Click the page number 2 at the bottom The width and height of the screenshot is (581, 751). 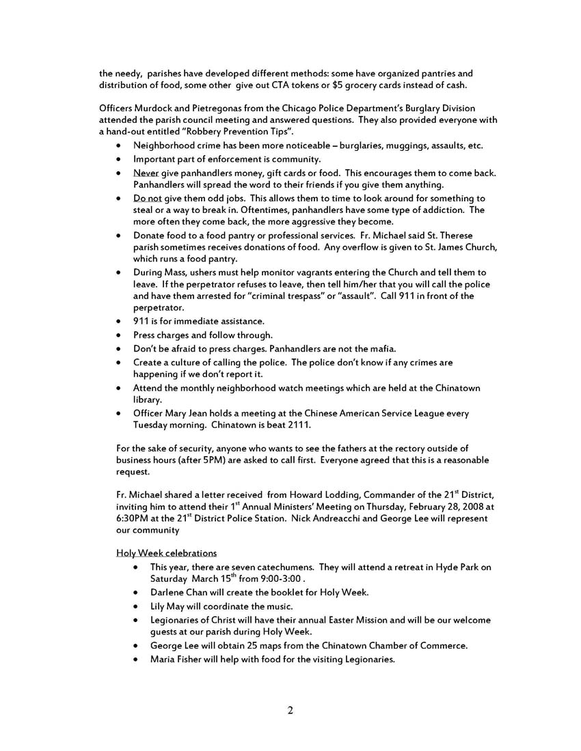click(x=290, y=711)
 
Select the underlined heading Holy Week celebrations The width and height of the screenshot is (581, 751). click(x=166, y=552)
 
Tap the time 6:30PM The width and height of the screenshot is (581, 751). click(x=133, y=519)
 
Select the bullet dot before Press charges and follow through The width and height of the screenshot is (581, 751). click(x=120, y=335)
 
